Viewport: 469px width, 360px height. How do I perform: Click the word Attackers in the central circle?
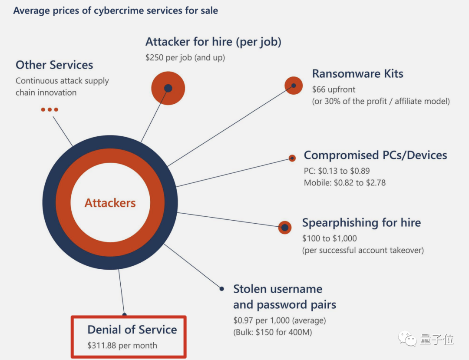pos(110,203)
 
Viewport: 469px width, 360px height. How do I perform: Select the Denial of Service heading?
pos(132,330)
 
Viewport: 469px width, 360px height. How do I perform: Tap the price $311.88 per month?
pos(122,346)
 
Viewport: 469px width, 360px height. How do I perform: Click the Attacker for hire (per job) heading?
pos(213,42)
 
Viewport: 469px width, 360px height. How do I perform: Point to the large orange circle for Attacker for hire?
pos(168,89)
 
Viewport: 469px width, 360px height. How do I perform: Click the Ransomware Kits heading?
pos(357,73)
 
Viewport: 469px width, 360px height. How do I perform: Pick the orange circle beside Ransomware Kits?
pos(294,86)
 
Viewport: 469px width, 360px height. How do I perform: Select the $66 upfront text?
pos(334,89)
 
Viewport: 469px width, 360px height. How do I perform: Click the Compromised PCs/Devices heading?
pos(375,155)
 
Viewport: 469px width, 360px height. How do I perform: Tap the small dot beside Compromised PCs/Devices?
pos(292,158)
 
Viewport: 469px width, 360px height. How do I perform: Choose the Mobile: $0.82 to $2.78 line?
pos(344,183)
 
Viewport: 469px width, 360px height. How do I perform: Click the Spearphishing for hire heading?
pos(361,223)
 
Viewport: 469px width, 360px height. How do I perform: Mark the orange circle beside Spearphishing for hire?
pos(284,227)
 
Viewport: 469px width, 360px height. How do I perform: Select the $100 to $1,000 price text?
pos(329,238)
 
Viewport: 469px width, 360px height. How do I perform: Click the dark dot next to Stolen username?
pos(221,289)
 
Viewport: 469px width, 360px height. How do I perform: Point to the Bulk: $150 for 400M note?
pos(272,333)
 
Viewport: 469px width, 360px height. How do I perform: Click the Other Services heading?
pos(54,65)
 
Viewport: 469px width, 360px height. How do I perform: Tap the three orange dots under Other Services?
pos(50,109)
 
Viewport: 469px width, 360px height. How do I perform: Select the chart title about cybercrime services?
pos(116,10)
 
